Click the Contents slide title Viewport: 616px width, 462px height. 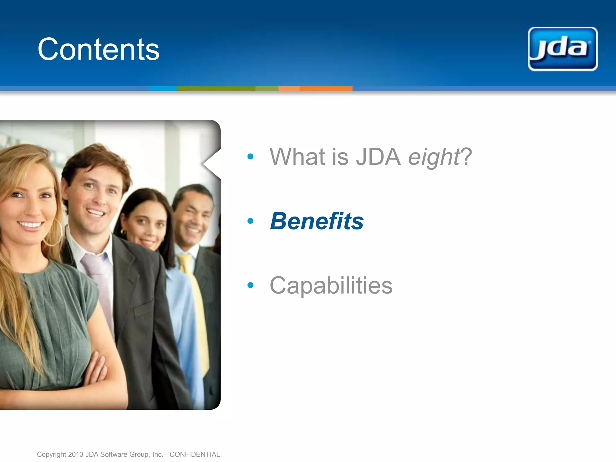click(98, 49)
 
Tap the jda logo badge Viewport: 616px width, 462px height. click(562, 49)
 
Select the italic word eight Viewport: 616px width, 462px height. click(433, 157)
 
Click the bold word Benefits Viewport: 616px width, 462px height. click(317, 221)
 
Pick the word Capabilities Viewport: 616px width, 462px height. click(331, 285)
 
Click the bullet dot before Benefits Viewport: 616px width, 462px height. click(250, 221)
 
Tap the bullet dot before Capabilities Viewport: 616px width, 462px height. click(250, 285)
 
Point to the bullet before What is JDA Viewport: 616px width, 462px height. click(250, 156)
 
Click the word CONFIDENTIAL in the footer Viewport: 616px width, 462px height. click(195, 454)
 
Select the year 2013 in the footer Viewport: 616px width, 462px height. click(75, 454)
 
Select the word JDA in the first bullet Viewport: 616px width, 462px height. click(378, 157)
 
